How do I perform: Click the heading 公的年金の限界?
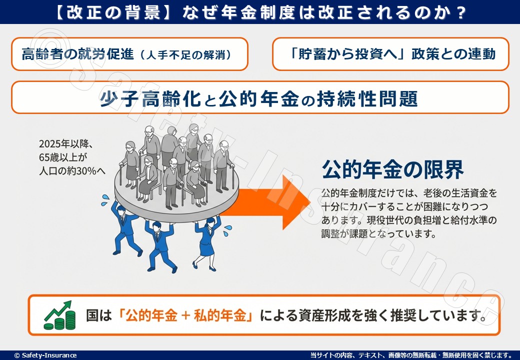click(x=392, y=170)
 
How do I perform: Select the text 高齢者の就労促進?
click(x=77, y=54)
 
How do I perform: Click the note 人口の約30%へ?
click(x=72, y=170)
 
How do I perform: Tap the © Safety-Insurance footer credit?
click(x=45, y=355)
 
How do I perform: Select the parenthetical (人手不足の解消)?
click(x=185, y=55)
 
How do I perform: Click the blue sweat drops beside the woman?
click(x=227, y=229)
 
